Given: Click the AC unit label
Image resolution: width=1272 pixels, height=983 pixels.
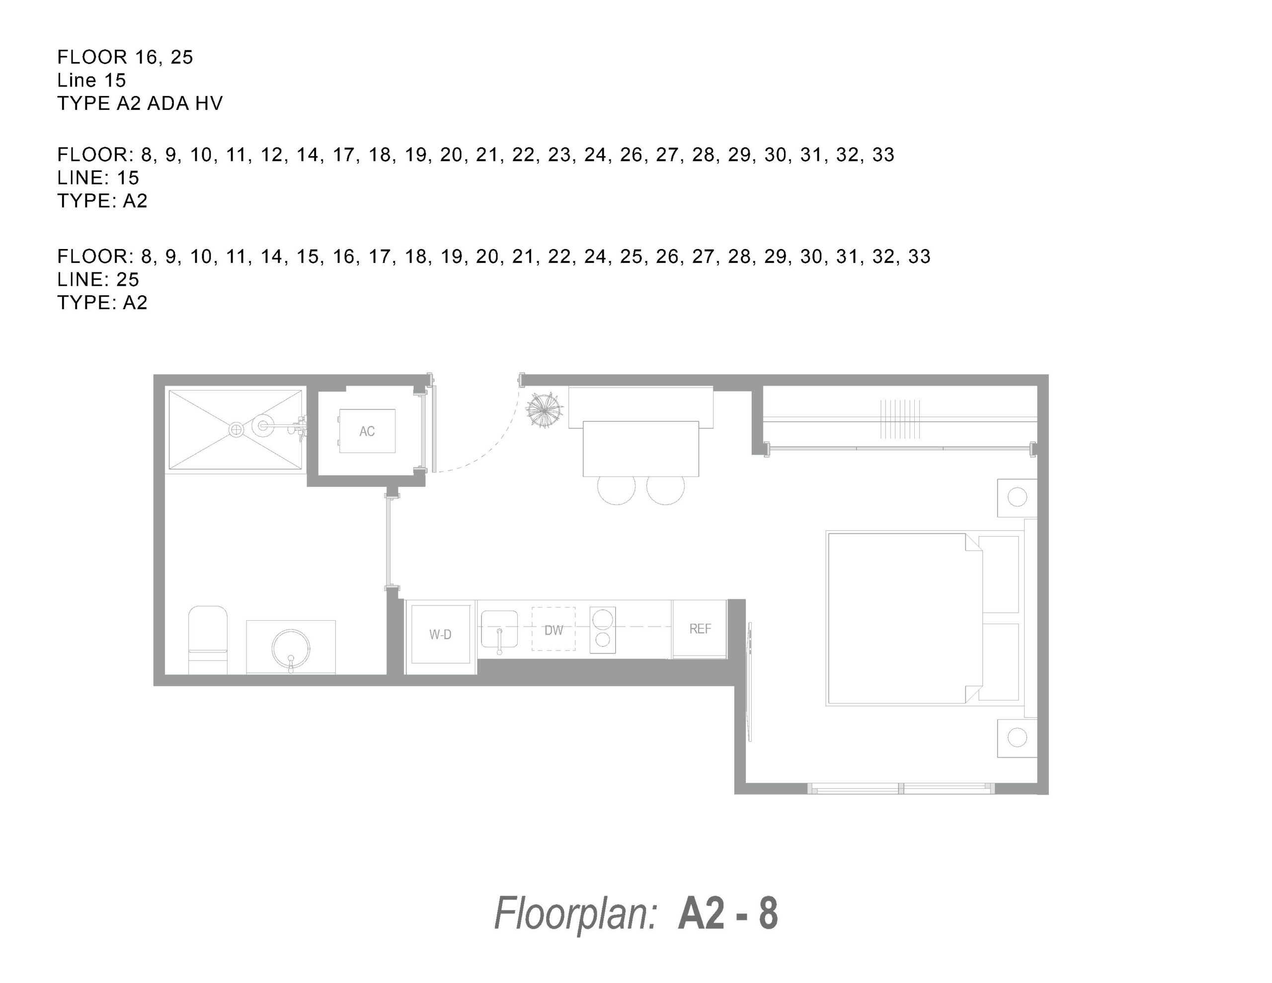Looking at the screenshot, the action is coord(367,431).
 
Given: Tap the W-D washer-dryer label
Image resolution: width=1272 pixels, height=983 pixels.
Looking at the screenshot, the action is coord(440,635).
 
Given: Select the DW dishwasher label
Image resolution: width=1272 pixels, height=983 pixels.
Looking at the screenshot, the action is coord(554,630).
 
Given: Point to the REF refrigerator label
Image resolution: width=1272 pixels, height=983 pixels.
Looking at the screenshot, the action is coord(700,629).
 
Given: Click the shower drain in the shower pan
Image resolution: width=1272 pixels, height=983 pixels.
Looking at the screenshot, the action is coord(237,430).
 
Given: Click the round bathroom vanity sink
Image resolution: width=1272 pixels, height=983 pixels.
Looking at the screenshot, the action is coord(291,648).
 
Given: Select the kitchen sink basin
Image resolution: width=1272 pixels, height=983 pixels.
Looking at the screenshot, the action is coord(499,629).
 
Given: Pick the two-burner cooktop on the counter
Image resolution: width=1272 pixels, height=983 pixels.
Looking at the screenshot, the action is coord(603,630).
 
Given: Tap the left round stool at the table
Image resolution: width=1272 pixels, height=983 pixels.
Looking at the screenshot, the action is coord(617,490).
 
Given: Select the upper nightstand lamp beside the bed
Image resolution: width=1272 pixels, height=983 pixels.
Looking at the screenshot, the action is coord(1017,497).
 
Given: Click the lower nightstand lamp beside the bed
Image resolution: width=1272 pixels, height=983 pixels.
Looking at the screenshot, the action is coord(1017,737).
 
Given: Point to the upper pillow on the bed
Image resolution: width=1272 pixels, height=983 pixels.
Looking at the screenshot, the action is coord(999,574).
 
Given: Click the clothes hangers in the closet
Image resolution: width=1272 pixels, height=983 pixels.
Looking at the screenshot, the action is coord(900,419).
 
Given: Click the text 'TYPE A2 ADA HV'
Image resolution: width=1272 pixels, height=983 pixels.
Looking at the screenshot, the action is coord(140,103).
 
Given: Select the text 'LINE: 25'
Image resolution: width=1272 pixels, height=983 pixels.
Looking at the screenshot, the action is coord(98,279).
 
